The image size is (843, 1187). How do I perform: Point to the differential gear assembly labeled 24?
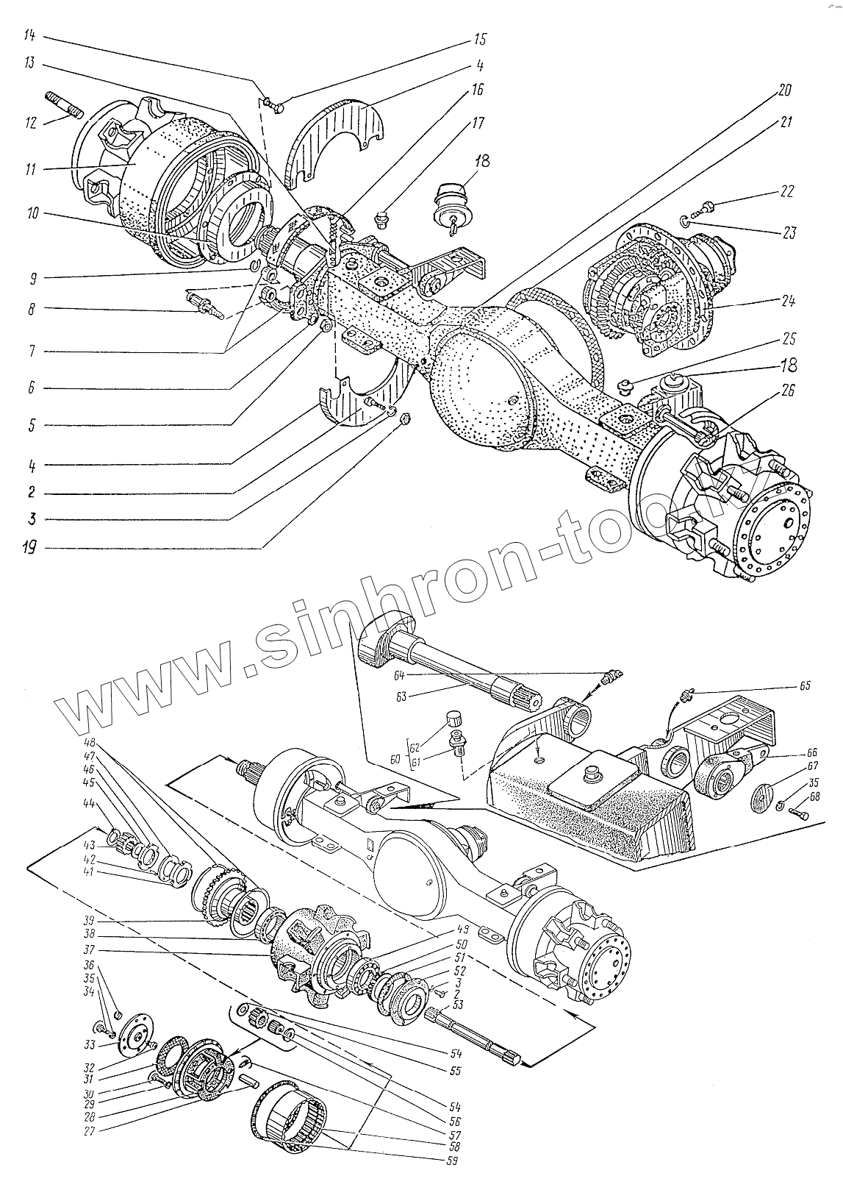(x=647, y=290)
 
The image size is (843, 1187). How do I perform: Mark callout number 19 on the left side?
(x=31, y=548)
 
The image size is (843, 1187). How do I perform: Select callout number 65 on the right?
(x=804, y=685)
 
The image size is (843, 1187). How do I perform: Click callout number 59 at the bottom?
(x=451, y=1162)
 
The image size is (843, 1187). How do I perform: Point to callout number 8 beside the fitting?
(x=31, y=310)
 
